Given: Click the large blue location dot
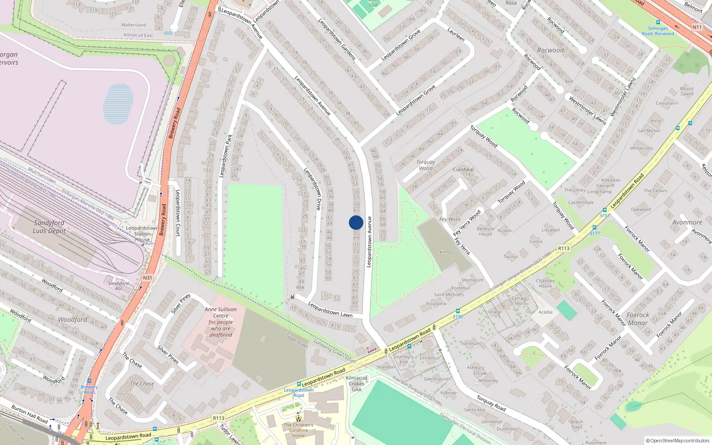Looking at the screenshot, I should point(356,222).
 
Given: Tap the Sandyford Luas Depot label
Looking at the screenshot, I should point(49,227).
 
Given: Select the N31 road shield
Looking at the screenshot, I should point(147,278).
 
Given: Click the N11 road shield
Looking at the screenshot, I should point(697,27).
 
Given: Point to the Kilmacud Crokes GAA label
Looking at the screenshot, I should point(356,384).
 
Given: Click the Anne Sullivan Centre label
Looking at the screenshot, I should point(221,322).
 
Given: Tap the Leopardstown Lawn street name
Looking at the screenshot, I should point(330,310).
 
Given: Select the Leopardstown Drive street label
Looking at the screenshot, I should point(312,189).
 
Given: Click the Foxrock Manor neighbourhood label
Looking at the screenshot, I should point(638,319).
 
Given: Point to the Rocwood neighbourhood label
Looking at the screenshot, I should point(550,50).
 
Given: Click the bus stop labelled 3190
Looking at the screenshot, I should point(458,311).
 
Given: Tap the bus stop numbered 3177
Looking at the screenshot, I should point(595,228).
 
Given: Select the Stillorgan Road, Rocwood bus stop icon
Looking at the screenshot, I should point(658,22).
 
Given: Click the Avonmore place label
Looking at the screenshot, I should point(687,222).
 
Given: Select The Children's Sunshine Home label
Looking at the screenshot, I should point(299,430).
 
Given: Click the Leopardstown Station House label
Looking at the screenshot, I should point(142,234).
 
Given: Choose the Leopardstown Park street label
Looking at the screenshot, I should point(226,156).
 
